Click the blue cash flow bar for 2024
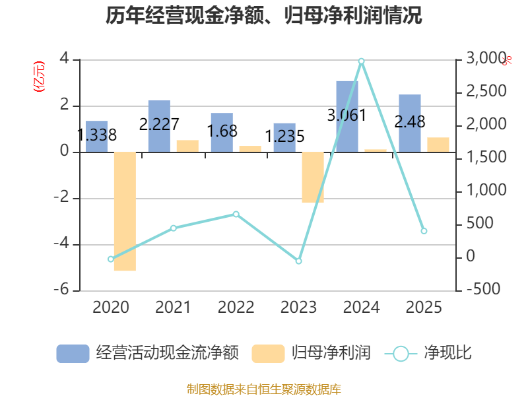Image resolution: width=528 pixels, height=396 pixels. [x=347, y=116]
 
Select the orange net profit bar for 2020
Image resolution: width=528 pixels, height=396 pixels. [x=125, y=211]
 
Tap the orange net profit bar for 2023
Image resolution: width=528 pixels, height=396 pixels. [x=313, y=178]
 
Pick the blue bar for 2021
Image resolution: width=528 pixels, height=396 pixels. [x=159, y=126]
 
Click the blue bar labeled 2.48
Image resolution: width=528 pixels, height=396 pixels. [x=410, y=123]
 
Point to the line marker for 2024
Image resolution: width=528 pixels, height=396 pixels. [x=361, y=61]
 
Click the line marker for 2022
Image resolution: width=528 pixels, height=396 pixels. [x=236, y=214]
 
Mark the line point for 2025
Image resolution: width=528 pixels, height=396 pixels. [x=424, y=231]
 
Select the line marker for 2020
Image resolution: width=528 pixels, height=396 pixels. [x=111, y=259]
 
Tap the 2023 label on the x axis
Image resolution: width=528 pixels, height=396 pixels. [x=298, y=308]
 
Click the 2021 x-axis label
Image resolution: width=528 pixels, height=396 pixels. [x=173, y=308]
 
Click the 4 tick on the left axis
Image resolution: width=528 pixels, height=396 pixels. [x=65, y=59]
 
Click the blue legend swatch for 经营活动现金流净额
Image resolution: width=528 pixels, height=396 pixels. [x=73, y=353]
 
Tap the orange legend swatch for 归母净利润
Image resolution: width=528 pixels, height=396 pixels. [x=268, y=353]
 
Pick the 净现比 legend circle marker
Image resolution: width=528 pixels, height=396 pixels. [x=401, y=353]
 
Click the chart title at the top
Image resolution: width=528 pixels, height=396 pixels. [x=264, y=16]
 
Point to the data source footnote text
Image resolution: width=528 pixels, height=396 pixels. [x=264, y=389]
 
